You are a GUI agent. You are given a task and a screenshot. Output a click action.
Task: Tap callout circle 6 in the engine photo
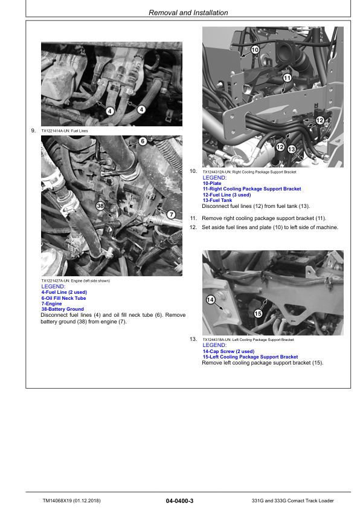tap(143, 141)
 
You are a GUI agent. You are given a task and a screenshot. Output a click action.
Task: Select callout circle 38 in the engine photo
tap(101, 206)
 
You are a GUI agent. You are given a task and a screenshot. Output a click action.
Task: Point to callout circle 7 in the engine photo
tap(171, 215)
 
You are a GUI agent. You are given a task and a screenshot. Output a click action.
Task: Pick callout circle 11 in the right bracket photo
tap(287, 78)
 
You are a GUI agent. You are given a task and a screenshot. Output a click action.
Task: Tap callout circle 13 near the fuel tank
tap(291, 149)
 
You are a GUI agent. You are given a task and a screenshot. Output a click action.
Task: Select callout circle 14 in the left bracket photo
tap(211, 300)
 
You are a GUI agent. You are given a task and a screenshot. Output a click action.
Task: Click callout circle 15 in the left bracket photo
tap(257, 313)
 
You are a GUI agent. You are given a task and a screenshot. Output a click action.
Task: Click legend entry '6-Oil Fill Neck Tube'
tap(63, 298)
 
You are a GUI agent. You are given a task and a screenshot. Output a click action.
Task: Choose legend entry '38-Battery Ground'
tap(62, 309)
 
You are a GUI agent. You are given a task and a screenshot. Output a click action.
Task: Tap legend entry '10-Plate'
tap(213, 183)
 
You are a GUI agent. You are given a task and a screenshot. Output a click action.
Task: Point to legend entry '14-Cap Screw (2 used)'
tap(228, 351)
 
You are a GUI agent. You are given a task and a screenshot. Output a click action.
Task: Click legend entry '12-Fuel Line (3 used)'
tap(227, 195)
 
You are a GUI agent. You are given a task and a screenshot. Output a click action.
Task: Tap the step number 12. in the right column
tap(193, 227)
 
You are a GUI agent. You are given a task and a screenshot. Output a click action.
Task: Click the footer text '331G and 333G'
tap(270, 501)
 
